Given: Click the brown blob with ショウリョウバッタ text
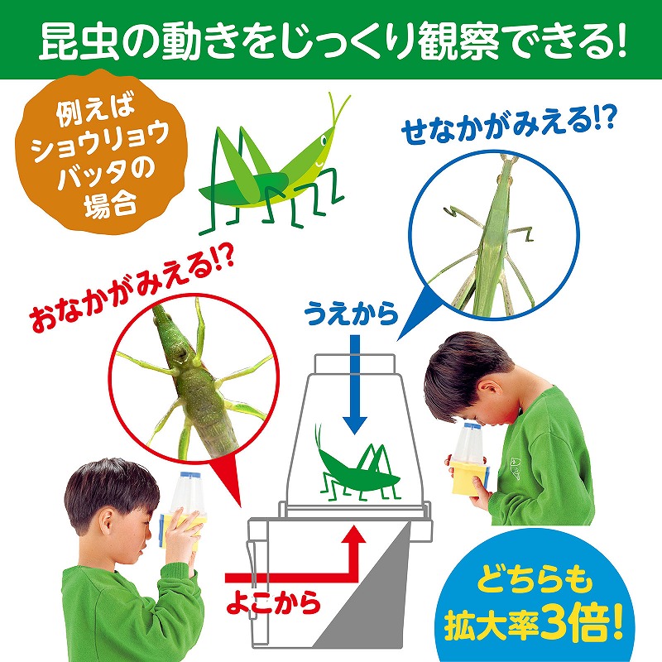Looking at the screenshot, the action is [x=99, y=152].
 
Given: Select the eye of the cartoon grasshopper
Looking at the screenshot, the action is [x=324, y=140].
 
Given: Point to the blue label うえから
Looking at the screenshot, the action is [x=351, y=314].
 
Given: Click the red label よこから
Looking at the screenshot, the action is [x=273, y=602].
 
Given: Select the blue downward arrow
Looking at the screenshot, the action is [x=355, y=384].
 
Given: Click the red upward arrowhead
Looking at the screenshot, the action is [x=355, y=535].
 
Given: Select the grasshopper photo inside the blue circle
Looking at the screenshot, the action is [x=493, y=235].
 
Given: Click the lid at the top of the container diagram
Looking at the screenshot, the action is [x=355, y=364].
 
